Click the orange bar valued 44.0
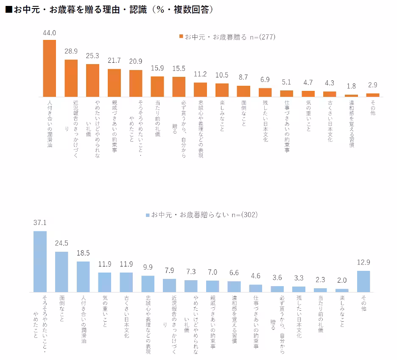[x=50, y=68]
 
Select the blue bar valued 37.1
[x=40, y=262]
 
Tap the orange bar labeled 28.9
[x=71, y=78]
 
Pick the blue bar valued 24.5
[x=62, y=272]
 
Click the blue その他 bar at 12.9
[x=363, y=281]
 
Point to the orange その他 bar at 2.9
[x=373, y=95]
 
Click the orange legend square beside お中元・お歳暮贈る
[x=181, y=37]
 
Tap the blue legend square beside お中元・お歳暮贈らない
[x=148, y=215]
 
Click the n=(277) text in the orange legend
[x=263, y=37]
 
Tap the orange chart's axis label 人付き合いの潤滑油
[x=50, y=123]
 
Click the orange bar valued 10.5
[x=222, y=90]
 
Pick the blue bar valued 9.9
[x=148, y=284]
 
